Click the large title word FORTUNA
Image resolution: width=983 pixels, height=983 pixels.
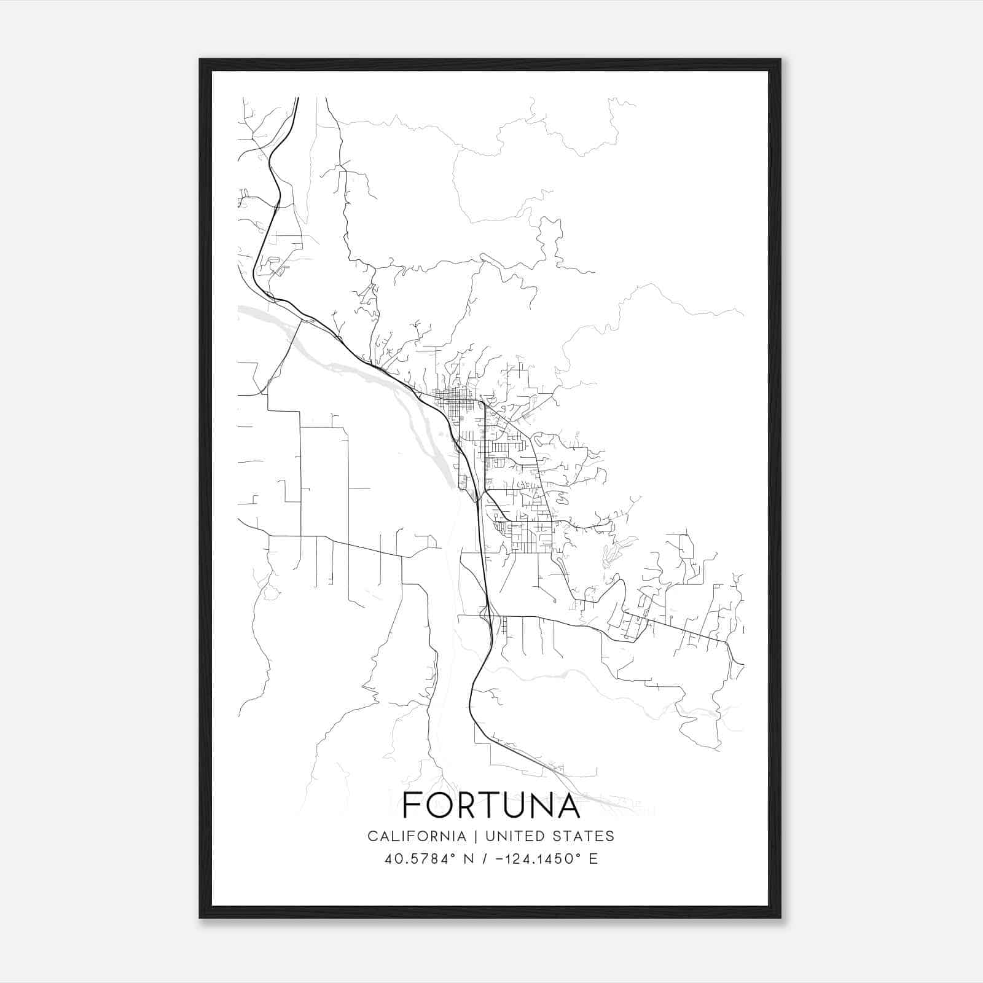pyautogui.click(x=491, y=805)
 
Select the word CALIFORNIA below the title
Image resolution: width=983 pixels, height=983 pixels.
pyautogui.click(x=417, y=836)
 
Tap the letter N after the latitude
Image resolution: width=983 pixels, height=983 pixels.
pyautogui.click(x=469, y=859)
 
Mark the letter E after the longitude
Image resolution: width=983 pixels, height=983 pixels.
pyautogui.click(x=593, y=859)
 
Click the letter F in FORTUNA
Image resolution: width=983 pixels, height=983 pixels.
pyautogui.click(x=412, y=805)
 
